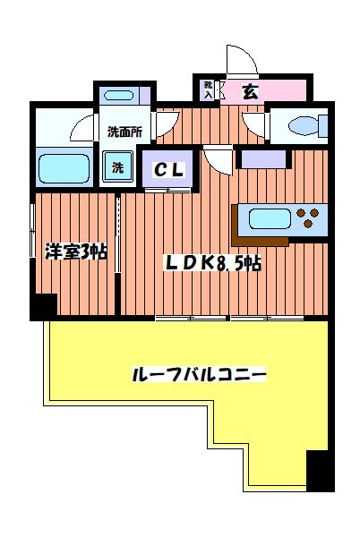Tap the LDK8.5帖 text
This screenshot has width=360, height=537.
[x=211, y=263]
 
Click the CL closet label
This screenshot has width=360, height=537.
[x=167, y=170]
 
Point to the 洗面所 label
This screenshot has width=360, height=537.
[x=124, y=132]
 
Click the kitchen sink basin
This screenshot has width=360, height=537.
[x=267, y=218]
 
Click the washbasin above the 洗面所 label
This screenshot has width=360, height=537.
[x=118, y=96]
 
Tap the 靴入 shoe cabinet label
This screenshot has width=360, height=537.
[x=208, y=89]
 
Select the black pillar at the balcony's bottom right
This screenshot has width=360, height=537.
[x=320, y=472]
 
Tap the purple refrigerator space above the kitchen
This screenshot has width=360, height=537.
[x=262, y=159]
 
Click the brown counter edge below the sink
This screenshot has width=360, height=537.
[x=260, y=239]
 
